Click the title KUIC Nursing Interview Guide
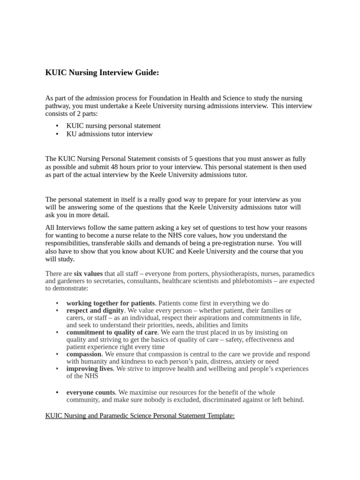pyautogui.click(x=102, y=73)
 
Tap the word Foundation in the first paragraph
pyautogui.click(x=165, y=98)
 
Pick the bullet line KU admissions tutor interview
pyautogui.click(x=110, y=134)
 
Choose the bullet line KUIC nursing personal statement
pyautogui.click(x=113, y=126)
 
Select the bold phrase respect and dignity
pyautogui.click(x=95, y=310)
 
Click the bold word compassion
pyautogui.click(x=84, y=354)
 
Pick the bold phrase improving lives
pyautogui.click(x=90, y=369)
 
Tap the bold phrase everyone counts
pyautogui.click(x=90, y=392)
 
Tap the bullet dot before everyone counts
pyautogui.click(x=57, y=392)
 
